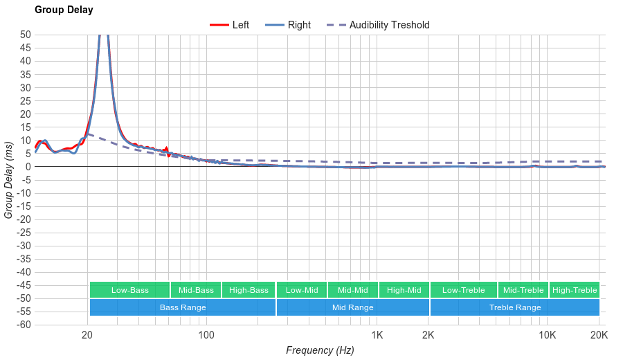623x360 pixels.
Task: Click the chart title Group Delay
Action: (64, 10)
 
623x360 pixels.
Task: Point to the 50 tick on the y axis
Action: (25, 35)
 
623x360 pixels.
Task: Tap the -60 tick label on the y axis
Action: (23, 325)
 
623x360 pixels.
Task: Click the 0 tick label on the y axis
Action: (28, 166)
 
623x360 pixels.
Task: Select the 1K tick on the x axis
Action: (377, 335)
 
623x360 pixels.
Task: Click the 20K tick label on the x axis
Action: (599, 335)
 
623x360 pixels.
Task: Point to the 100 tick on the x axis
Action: (206, 335)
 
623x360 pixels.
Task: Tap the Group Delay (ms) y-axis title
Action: (8, 180)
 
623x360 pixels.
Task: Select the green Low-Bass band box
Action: (129, 290)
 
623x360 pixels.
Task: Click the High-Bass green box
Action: (249, 290)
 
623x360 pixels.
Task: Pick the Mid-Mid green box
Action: (353, 290)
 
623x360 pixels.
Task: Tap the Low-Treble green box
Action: (463, 290)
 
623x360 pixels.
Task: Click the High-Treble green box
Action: (575, 290)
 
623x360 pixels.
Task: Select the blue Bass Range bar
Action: (183, 307)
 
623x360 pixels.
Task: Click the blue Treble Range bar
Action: (515, 307)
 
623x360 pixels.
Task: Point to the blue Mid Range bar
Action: (353, 307)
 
